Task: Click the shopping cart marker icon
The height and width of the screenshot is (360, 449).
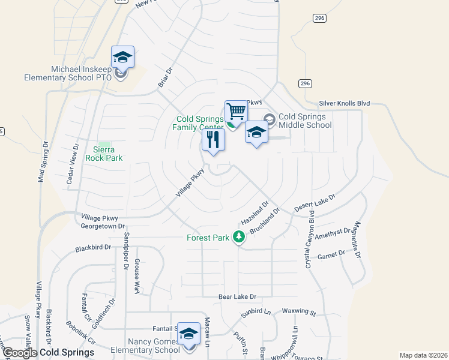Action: pos(237,111)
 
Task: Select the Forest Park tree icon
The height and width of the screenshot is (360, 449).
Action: pos(239,238)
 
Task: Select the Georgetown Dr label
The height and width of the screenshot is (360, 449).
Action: pos(102,226)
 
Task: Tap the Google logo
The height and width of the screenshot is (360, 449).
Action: pos(19,353)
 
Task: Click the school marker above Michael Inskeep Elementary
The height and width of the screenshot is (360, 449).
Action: pos(122,58)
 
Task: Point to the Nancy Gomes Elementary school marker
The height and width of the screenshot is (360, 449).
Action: pos(189,334)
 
